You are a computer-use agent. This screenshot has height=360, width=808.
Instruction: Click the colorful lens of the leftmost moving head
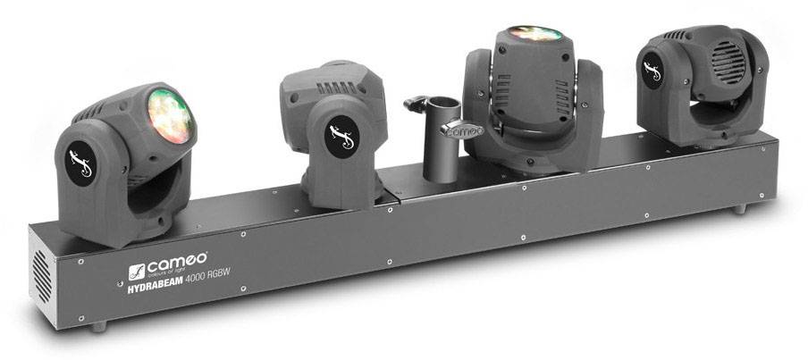tap(169, 115)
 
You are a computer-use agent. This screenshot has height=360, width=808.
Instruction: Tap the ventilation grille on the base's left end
tap(42, 272)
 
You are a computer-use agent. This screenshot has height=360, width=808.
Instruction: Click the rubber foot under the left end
tap(97, 327)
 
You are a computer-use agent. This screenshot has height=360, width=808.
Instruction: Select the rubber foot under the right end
tap(739, 209)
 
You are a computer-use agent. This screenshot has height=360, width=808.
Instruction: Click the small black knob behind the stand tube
tap(412, 105)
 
